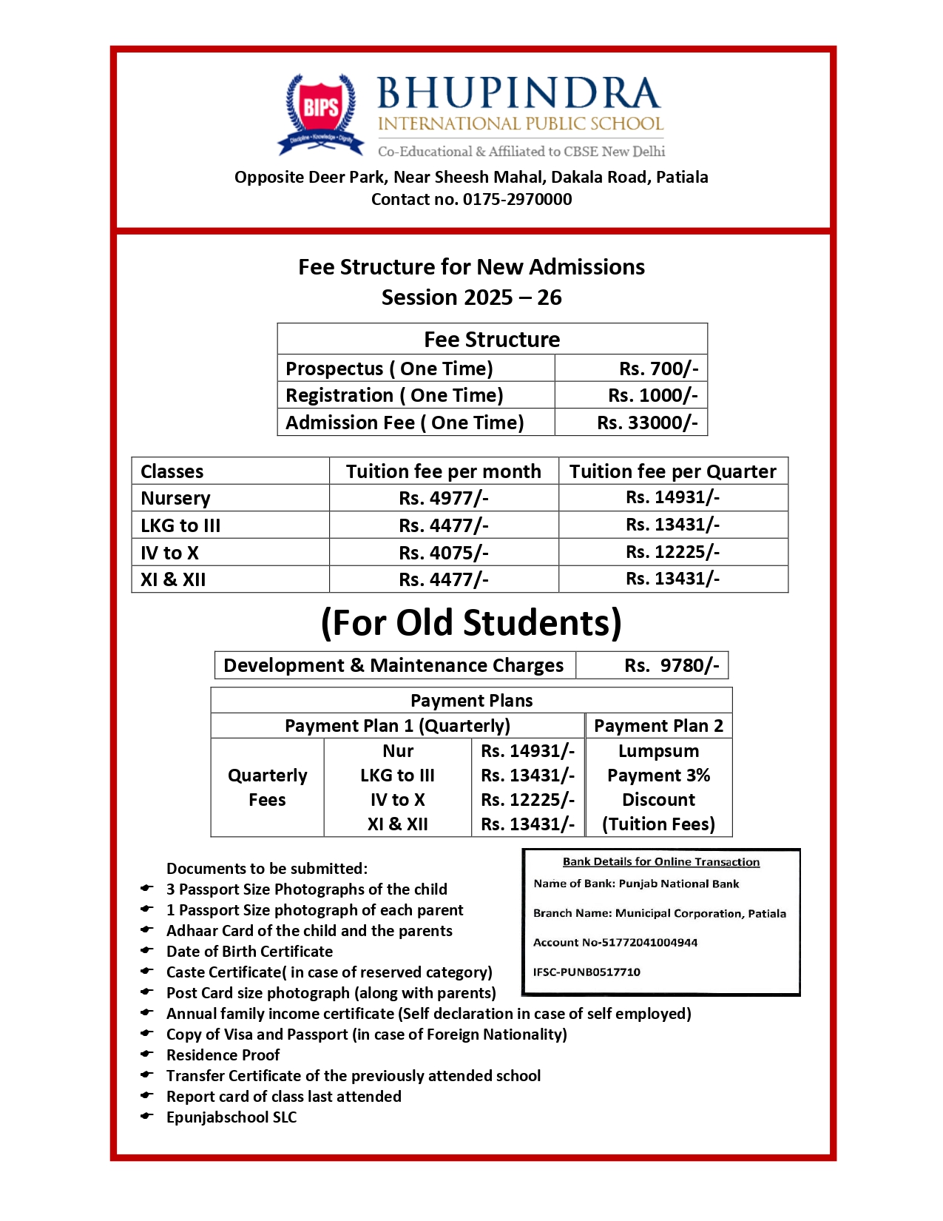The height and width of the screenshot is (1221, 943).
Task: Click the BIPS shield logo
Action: coord(320,112)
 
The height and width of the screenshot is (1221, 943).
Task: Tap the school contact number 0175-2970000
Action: coord(517,199)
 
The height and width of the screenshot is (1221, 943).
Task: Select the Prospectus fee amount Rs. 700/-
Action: coord(658,369)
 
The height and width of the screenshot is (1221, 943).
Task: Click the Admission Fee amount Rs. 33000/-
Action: coord(647,423)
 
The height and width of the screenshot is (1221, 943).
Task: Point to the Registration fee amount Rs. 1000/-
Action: coord(652,395)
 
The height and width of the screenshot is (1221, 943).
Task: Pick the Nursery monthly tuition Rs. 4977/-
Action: coord(443,498)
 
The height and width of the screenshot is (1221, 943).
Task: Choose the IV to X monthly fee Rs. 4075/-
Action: coord(443,553)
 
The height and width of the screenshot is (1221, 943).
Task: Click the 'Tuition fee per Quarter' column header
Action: coord(672,471)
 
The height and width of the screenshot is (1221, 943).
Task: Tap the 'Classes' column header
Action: coord(172,471)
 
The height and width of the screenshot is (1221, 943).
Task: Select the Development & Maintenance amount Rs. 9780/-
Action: coord(671,665)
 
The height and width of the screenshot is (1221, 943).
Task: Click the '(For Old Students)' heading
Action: coord(471,623)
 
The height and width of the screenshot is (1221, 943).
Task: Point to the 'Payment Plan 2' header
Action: coord(658,726)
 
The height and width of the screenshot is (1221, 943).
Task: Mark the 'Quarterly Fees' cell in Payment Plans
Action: coord(267,787)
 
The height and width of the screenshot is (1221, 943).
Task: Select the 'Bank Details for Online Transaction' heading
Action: coord(660,862)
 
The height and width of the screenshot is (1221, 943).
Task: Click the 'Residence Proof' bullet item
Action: coord(223,1055)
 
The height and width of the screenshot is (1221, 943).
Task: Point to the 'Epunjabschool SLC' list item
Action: coord(231,1117)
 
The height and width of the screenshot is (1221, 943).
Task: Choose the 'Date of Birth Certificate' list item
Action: coord(249,952)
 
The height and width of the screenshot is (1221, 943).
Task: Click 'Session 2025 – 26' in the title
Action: coord(471,297)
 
